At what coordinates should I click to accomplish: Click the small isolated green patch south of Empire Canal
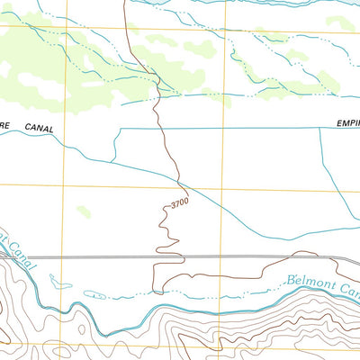[x=84, y=211]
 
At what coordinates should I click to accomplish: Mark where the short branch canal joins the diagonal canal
[x=111, y=163]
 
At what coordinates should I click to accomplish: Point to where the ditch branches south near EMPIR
[x=320, y=129]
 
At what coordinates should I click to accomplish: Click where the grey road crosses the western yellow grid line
[x=63, y=256]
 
